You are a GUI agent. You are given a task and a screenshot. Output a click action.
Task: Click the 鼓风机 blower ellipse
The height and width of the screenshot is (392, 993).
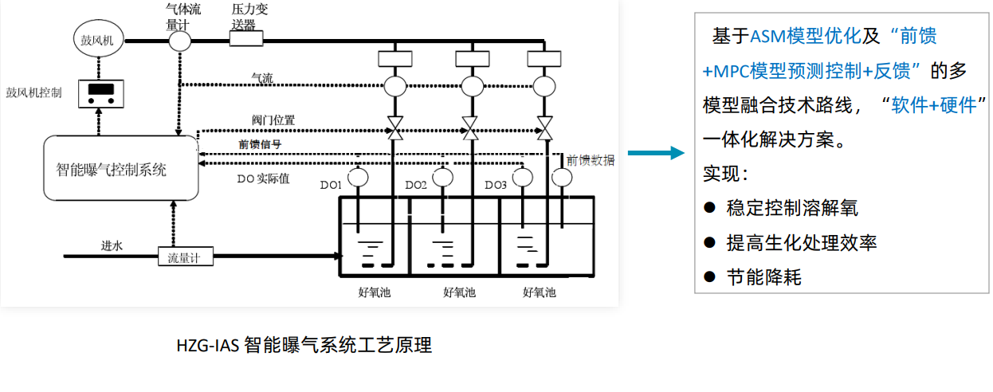tap(98, 40)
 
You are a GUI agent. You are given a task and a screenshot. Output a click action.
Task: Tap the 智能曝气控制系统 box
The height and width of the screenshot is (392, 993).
tap(120, 168)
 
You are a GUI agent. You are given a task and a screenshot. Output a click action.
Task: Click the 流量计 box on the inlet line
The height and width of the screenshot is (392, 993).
tap(184, 257)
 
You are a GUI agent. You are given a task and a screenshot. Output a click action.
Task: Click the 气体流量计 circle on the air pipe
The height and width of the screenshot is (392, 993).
tap(179, 40)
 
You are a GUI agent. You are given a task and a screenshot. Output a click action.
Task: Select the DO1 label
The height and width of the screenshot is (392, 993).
tap(331, 186)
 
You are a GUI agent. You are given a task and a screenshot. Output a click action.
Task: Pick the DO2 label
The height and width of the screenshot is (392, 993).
tap(416, 186)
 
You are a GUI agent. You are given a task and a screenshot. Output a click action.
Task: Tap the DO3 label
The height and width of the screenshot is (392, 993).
tap(496, 186)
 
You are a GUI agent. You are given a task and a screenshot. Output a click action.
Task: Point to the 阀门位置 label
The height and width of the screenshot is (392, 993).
tap(273, 120)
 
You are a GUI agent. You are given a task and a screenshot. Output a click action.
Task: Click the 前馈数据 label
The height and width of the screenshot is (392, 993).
tap(591, 160)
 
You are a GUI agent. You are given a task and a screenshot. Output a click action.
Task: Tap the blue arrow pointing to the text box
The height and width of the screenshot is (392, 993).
tap(655, 153)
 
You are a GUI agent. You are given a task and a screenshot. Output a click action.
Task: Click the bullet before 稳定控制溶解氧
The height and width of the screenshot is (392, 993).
tap(709, 208)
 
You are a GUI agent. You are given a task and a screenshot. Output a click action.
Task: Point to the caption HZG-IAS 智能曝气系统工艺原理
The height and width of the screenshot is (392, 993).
tap(304, 346)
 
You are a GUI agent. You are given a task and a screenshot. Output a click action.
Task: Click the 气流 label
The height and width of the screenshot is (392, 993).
tap(262, 78)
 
